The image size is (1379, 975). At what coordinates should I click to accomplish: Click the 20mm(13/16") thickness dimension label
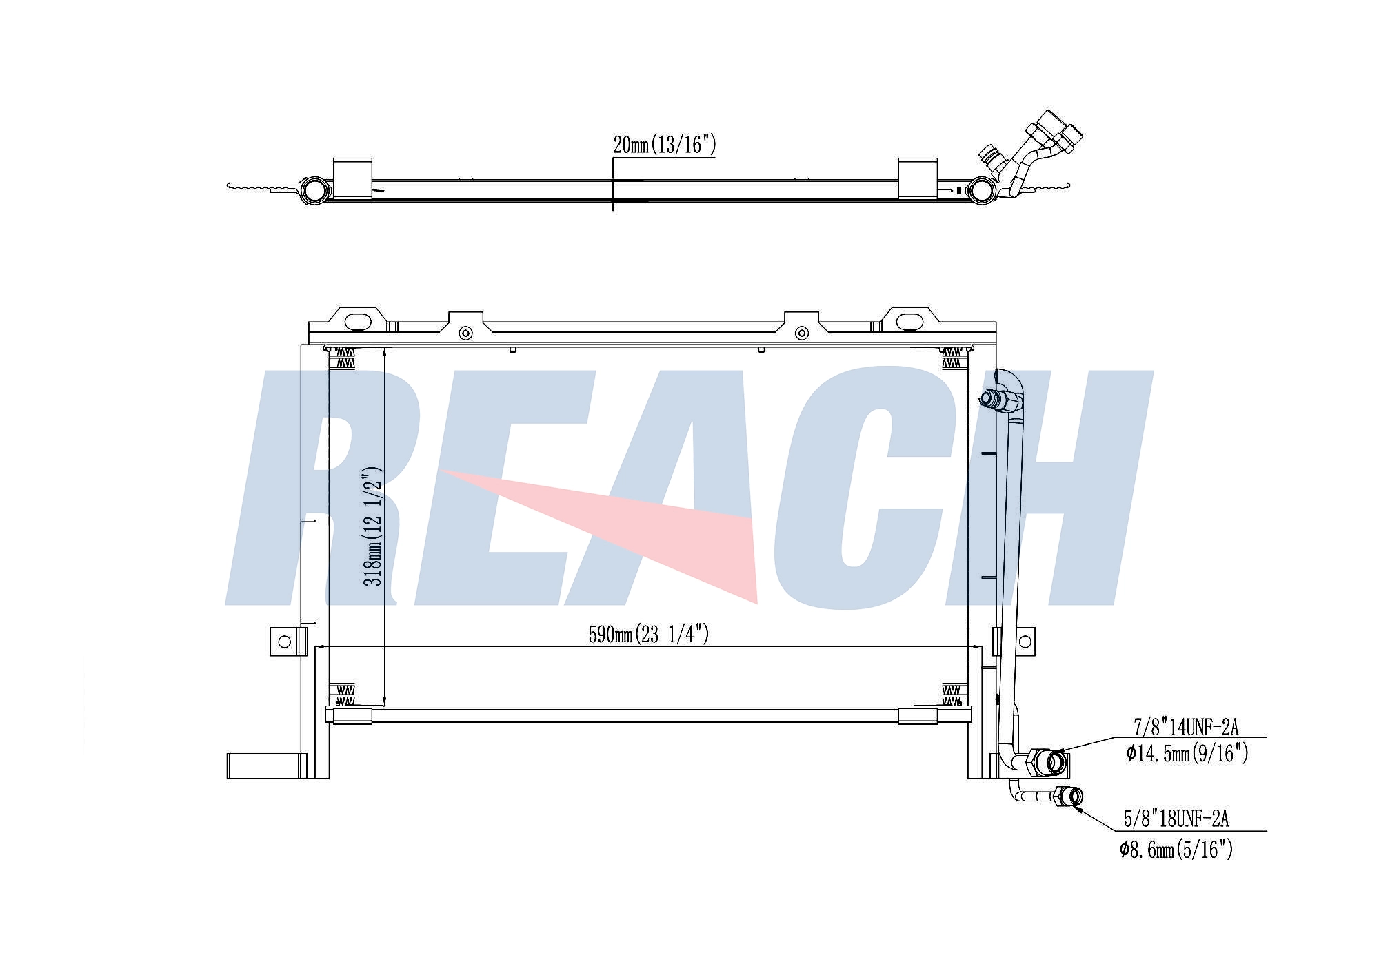point(665,145)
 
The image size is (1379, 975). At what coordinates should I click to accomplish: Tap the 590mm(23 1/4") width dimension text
point(649,634)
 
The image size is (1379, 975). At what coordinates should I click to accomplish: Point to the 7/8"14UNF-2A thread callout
point(1186,727)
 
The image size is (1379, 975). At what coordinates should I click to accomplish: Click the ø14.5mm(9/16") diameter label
point(1187,753)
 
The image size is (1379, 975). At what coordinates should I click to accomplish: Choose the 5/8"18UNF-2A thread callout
point(1176,819)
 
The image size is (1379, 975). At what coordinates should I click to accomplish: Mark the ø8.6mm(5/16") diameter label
point(1176,850)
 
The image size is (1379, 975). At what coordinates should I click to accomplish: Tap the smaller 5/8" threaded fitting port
point(1074,797)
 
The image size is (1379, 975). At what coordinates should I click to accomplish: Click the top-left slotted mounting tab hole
point(357,322)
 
